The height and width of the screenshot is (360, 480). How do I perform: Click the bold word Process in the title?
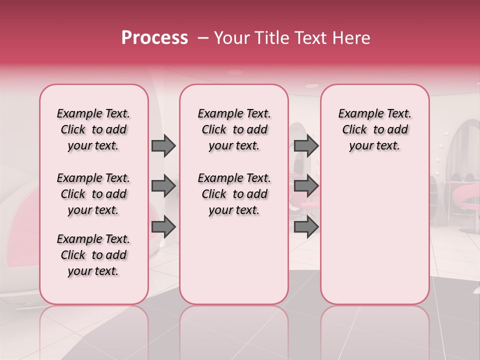pyautogui.click(x=154, y=38)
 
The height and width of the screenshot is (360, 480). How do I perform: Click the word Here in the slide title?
pyautogui.click(x=352, y=38)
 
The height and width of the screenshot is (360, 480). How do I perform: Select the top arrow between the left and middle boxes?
pyautogui.click(x=163, y=146)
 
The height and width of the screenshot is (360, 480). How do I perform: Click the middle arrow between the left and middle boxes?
pyautogui.click(x=163, y=186)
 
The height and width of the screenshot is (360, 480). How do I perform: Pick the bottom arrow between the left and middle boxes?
pyautogui.click(x=163, y=227)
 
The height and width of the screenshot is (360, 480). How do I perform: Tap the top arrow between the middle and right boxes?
pyautogui.click(x=306, y=146)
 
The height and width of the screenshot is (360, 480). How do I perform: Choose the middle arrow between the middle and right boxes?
pyautogui.click(x=306, y=186)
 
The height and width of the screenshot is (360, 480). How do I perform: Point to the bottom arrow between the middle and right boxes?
pyautogui.click(x=306, y=227)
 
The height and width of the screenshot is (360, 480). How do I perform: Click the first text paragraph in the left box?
pyautogui.click(x=93, y=129)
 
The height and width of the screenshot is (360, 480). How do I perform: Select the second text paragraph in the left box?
pyautogui.click(x=93, y=194)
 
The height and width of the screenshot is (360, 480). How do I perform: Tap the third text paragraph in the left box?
pyautogui.click(x=93, y=255)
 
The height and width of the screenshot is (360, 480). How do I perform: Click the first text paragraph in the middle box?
pyautogui.click(x=234, y=129)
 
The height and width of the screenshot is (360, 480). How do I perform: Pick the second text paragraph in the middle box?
pyautogui.click(x=234, y=194)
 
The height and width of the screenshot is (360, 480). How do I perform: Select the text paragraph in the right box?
pyautogui.click(x=374, y=129)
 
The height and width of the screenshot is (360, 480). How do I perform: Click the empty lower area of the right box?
pyautogui.click(x=374, y=240)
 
